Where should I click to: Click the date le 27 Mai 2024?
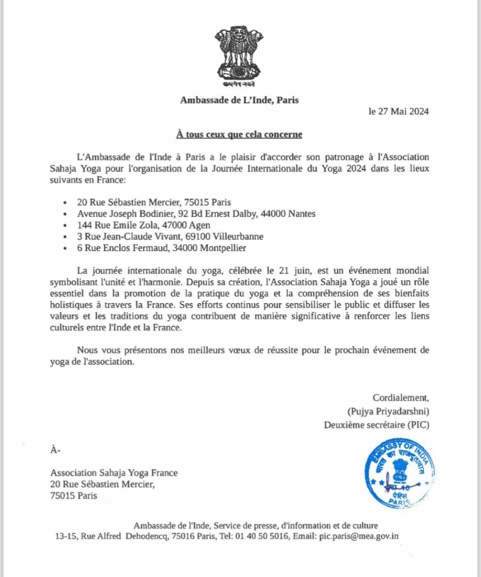398,112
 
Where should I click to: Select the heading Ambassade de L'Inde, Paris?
239,100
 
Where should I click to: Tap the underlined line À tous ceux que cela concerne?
239,134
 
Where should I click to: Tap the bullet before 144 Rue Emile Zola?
64,225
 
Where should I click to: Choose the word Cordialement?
401,397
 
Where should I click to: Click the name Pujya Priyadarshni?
388,411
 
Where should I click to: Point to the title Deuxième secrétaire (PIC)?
376,425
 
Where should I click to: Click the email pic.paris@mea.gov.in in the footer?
359,536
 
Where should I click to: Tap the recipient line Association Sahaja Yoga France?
114,473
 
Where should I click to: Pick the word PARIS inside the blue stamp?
399,502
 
